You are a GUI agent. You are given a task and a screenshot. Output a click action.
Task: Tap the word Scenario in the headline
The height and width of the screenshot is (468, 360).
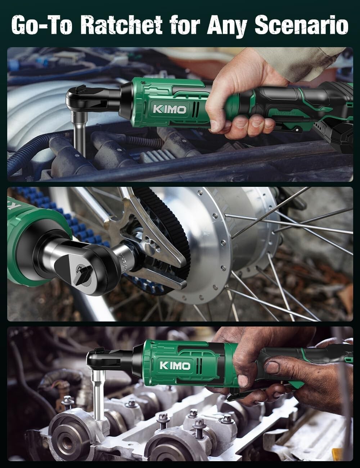click(x=301, y=25)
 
